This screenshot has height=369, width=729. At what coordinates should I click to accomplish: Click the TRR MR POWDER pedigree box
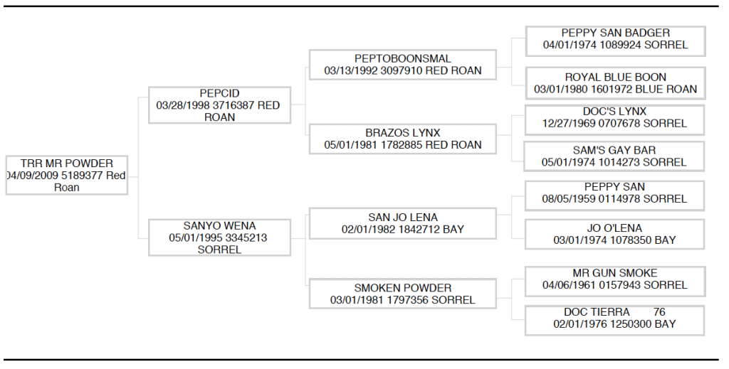click(66, 175)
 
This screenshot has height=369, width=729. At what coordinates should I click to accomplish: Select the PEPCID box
click(219, 105)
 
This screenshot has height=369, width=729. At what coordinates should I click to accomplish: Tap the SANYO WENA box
click(219, 237)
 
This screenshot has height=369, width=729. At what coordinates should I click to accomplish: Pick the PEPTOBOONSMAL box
click(403, 65)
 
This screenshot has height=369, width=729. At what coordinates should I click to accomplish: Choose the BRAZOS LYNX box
click(403, 139)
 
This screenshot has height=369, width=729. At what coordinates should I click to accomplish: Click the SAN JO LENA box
click(403, 223)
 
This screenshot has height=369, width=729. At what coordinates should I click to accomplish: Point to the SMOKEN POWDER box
click(403, 294)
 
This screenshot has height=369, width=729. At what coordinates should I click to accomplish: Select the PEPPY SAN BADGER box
click(615, 41)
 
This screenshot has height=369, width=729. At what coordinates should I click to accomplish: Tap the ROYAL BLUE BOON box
click(615, 83)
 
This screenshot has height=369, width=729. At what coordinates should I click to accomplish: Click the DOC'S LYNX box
click(614, 120)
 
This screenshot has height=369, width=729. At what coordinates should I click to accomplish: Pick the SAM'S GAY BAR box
click(614, 156)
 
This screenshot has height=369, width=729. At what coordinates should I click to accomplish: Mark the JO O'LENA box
click(614, 235)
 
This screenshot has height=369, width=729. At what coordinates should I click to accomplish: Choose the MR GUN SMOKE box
click(615, 282)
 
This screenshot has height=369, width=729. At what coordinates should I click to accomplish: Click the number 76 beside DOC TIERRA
click(659, 312)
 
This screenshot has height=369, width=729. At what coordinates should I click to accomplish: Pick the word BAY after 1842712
click(453, 229)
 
